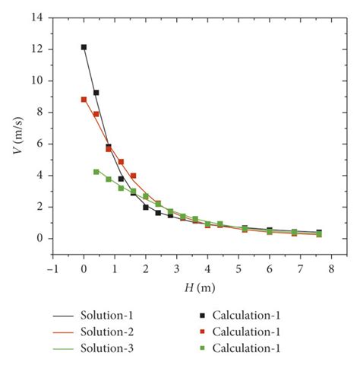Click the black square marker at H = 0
click(84, 47)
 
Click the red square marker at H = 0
click(84, 100)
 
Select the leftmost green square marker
click(96, 172)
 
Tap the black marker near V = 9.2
click(96, 93)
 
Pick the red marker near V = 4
click(133, 176)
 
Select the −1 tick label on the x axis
click(52, 268)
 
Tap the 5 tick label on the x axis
click(238, 268)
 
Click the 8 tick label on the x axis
click(331, 268)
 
